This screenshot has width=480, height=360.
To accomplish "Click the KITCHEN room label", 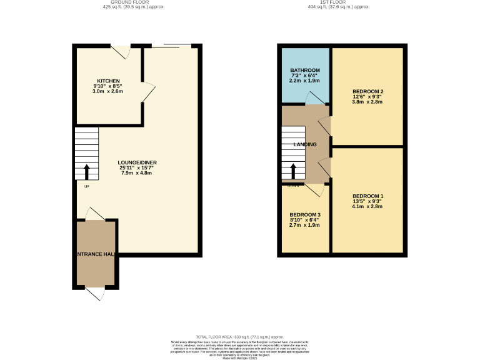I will click(x=108, y=81).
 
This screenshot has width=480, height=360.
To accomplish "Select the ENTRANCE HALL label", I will click(x=96, y=254).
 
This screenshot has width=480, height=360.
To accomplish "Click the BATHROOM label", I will click(x=305, y=70).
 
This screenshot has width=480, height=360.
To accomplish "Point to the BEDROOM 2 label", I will click(x=368, y=92).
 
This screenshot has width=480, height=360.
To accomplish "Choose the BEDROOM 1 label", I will click(x=368, y=196).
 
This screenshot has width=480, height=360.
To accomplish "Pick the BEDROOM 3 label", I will click(x=304, y=215).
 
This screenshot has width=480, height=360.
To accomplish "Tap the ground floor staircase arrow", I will click(x=87, y=171).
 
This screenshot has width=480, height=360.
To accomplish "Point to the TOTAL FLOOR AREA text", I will click(x=240, y=336).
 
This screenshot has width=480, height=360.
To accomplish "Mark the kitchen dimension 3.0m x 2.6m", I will click(x=108, y=91).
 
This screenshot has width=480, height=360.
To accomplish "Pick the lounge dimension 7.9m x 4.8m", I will click(x=137, y=172).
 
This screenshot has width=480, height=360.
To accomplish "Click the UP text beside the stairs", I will click(x=86, y=186).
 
